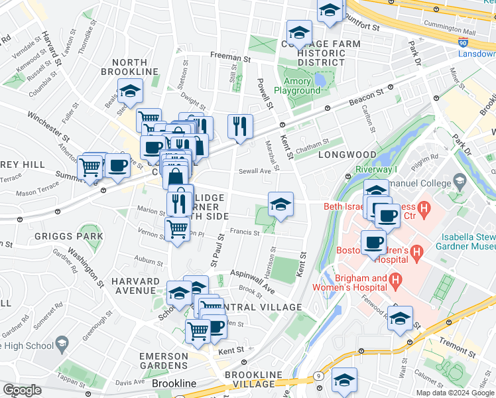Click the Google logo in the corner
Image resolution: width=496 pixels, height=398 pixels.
[22, 390]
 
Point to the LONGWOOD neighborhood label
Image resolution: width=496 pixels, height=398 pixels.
[347, 155]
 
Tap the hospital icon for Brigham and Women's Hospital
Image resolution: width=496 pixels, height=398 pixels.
[396, 282]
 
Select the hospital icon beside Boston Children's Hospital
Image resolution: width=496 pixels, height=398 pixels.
[416, 252]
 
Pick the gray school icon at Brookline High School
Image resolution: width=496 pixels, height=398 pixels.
[62, 343]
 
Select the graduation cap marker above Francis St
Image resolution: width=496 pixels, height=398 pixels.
[280, 204]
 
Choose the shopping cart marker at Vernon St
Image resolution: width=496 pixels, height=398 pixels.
[176, 229]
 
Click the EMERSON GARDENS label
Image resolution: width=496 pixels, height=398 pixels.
[164, 361]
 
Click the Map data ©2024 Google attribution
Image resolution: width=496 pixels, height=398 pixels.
[455, 393]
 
